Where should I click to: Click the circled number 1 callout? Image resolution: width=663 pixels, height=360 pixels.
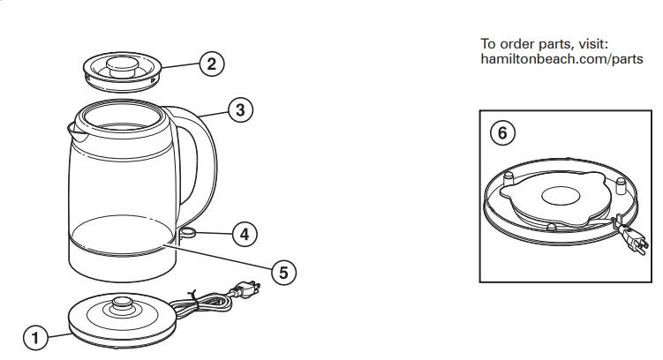34,336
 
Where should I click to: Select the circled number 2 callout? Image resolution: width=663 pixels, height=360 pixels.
210,64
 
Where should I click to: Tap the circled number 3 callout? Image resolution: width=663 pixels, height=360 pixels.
239,109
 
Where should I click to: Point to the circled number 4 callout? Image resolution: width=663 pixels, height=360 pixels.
245,234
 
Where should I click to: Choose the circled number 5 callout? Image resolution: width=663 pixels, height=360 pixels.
283,273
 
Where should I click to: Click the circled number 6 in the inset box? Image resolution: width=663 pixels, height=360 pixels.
502,133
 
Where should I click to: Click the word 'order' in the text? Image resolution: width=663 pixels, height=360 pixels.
515,43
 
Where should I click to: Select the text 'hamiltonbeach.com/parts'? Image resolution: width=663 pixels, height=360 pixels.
561,59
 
